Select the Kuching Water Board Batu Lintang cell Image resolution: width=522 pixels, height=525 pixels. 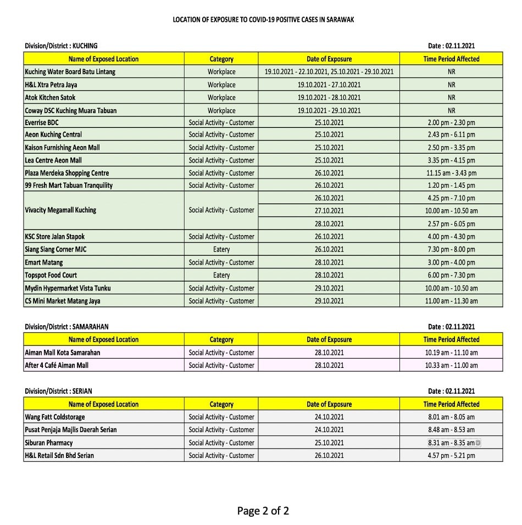(70, 72)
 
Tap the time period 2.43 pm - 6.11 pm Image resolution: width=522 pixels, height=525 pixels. (451, 135)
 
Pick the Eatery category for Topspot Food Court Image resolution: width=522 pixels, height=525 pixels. (221, 275)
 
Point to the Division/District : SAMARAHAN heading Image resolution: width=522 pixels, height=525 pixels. (66, 327)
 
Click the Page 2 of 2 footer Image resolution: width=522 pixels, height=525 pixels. (263, 511)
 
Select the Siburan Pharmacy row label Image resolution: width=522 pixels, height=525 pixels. (49, 443)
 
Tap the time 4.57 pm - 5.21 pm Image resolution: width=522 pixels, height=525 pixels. (451, 455)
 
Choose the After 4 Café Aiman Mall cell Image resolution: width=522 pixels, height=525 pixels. (57, 365)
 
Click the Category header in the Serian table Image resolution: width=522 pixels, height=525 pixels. (221, 404)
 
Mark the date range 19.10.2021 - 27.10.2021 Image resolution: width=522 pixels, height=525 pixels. (329, 85)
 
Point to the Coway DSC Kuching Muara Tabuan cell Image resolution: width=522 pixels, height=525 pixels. (71, 110)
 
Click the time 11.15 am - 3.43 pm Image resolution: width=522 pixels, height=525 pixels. (451, 173)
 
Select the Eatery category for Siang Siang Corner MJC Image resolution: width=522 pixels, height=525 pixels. (221, 249)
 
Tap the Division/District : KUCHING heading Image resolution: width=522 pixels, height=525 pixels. (61, 46)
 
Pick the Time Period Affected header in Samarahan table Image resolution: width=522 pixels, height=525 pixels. (451, 339)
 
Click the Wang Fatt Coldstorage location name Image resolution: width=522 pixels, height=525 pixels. (55, 417)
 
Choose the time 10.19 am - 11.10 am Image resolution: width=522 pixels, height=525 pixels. (451, 353)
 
